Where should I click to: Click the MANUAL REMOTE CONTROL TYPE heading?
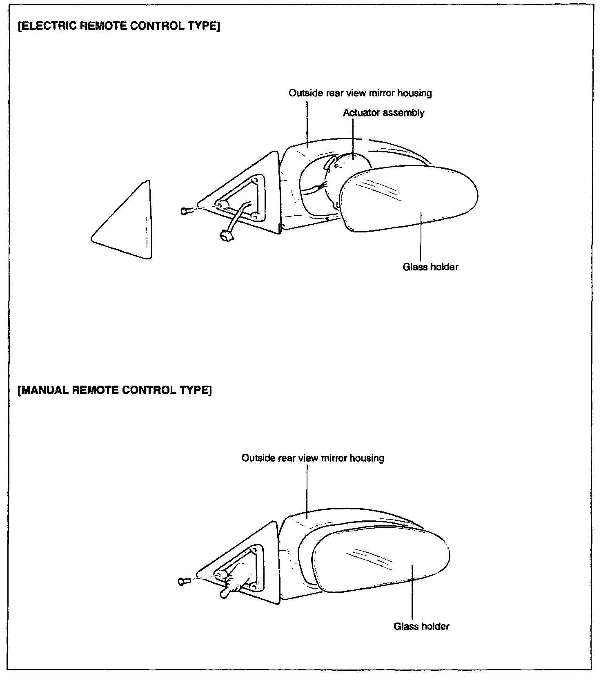coord(115,390)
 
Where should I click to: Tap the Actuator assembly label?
coord(383,113)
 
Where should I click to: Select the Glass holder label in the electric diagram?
coord(430,267)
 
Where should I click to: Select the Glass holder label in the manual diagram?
coord(421,626)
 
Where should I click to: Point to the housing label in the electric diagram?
coord(360,93)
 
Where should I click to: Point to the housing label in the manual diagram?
coord(313,458)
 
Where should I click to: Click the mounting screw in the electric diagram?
coord(186,211)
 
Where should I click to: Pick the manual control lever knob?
coord(225,594)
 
